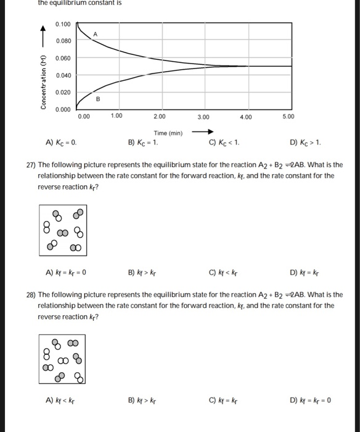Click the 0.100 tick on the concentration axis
pyautogui.click(x=63, y=24)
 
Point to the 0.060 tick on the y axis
pyautogui.click(x=63, y=57)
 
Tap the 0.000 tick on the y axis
pyautogui.click(x=63, y=109)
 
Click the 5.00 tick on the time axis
pyautogui.click(x=288, y=115)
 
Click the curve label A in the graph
pyautogui.click(x=96, y=33)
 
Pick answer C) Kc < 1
pyautogui.click(x=224, y=143)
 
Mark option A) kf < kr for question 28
pyautogui.click(x=60, y=400)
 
